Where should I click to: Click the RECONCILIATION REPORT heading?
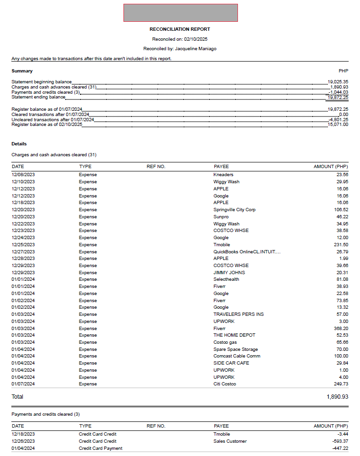[180, 29]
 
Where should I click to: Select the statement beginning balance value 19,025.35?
[338, 81]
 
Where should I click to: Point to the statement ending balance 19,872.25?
[338, 97]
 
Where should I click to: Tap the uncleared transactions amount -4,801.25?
[338, 119]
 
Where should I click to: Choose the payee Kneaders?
[223, 175]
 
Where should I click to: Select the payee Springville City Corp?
[235, 210]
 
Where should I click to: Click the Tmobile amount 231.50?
[341, 245]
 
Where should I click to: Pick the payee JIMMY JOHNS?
[229, 273]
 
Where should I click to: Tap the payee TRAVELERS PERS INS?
[238, 314]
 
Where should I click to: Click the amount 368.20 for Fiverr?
[341, 328]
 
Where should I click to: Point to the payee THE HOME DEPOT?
[234, 335]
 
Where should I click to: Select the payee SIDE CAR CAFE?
[231, 363]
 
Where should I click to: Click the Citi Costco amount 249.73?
[341, 384]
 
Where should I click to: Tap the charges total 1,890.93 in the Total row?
[337, 397]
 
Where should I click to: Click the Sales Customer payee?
[230, 441]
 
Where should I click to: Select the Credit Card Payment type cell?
[100, 448]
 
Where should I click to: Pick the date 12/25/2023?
[23, 245]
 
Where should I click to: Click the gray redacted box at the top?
[180, 13]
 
